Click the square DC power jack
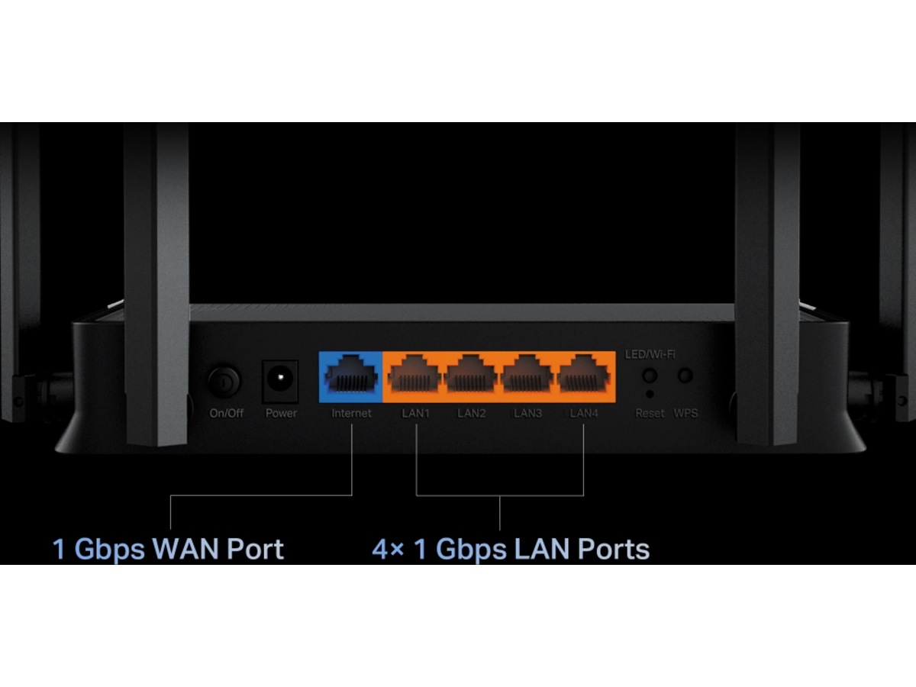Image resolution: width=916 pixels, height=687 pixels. [x=281, y=379]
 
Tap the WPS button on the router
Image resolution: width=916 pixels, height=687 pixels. [x=685, y=376]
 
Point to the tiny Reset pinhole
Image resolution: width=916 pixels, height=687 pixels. [x=650, y=394]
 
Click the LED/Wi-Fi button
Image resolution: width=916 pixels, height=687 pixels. [x=650, y=376]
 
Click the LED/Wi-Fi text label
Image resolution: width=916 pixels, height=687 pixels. [x=650, y=354]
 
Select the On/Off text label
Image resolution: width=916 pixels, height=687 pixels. [x=227, y=413]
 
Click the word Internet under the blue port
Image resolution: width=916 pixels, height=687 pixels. [x=351, y=413]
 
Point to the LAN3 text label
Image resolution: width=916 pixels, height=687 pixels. [x=527, y=413]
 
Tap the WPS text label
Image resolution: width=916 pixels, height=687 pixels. [x=685, y=413]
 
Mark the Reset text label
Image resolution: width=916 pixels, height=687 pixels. [x=650, y=413]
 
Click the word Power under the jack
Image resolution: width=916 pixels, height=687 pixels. [x=281, y=413]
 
